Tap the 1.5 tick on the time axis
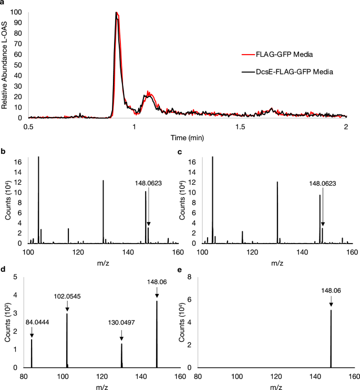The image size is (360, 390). click(240, 127)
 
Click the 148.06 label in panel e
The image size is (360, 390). click(331, 290)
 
